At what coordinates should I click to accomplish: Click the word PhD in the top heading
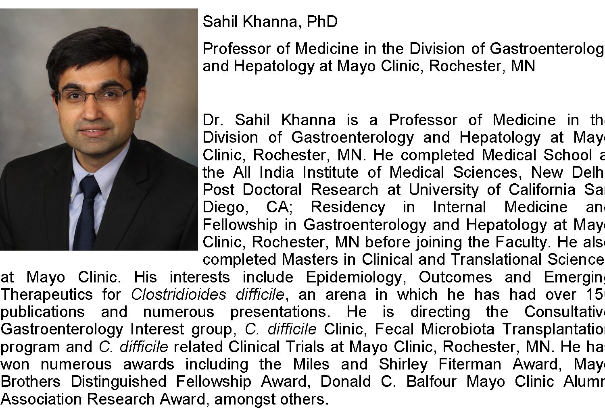pyautogui.click(x=322, y=22)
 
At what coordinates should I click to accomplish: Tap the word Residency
pyautogui.click(x=348, y=207)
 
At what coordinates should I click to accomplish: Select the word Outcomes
pyautogui.click(x=455, y=277)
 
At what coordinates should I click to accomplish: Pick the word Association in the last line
pyautogui.click(x=42, y=399)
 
